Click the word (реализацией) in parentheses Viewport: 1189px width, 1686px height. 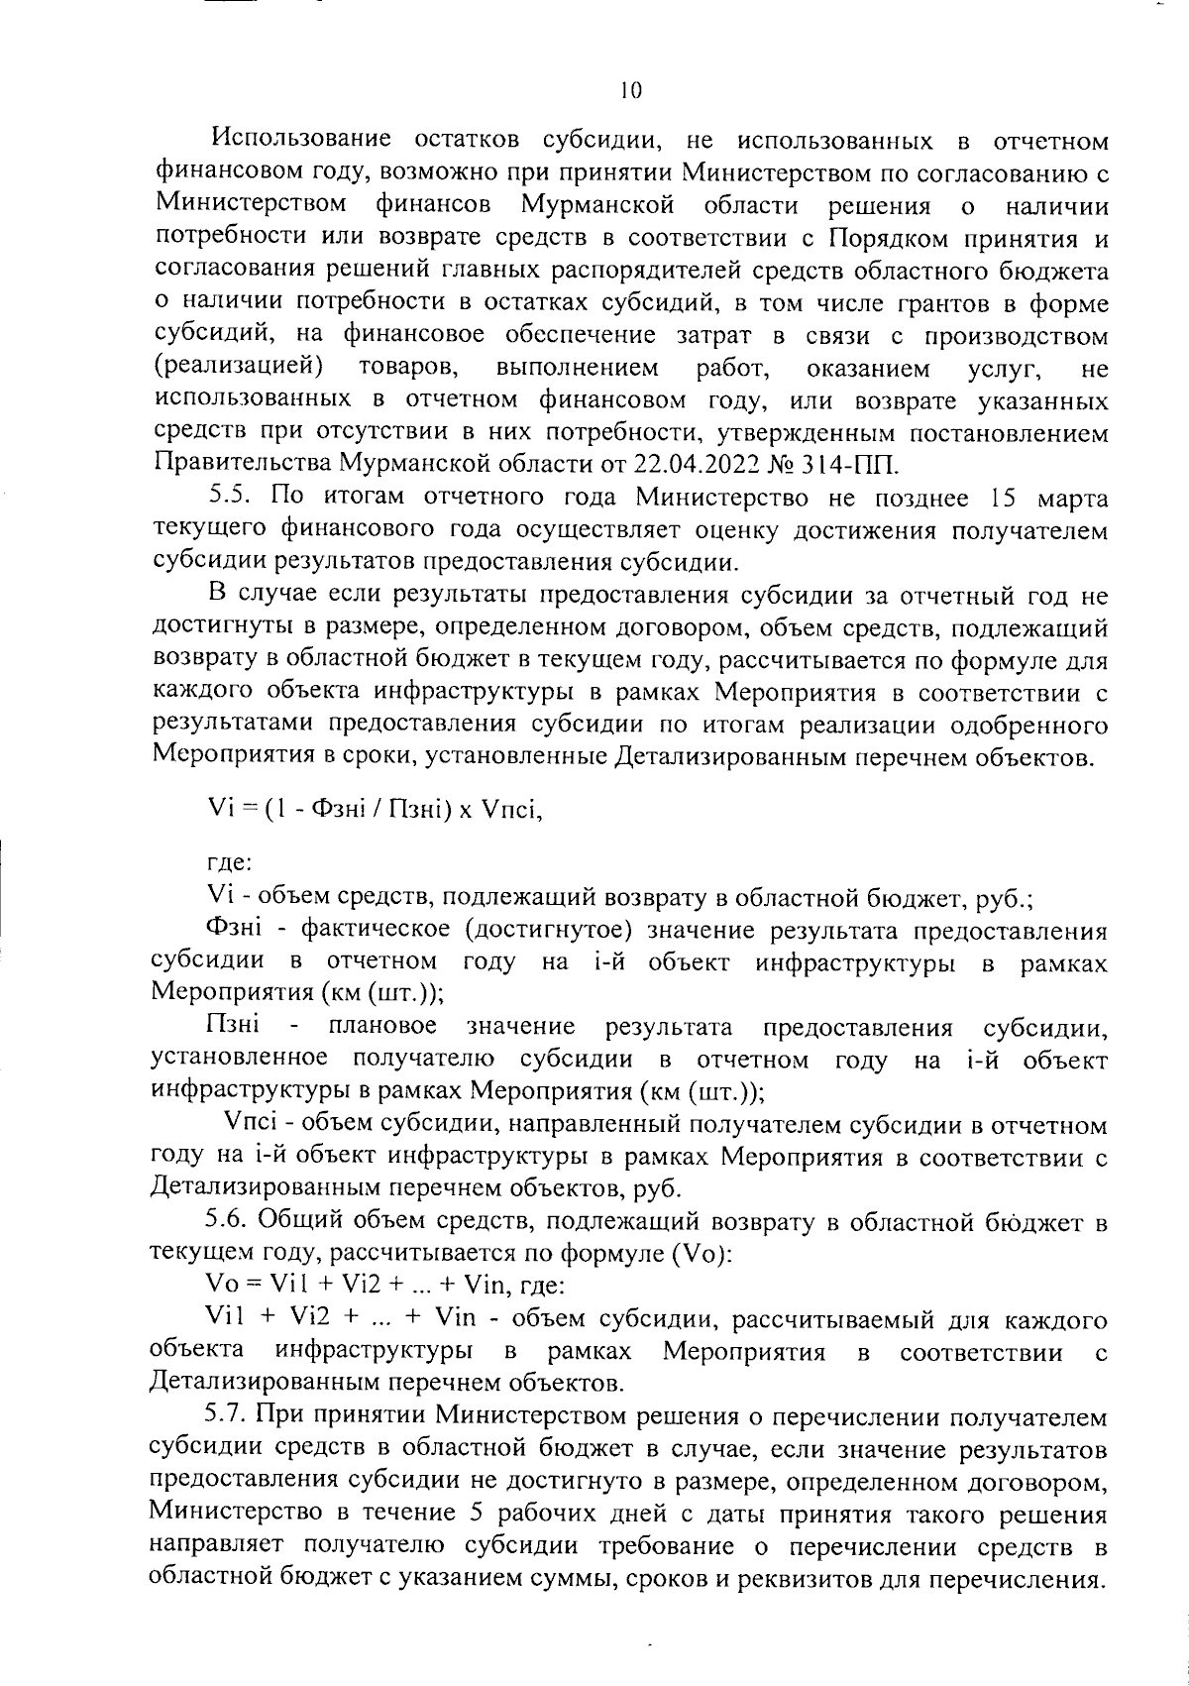(239, 369)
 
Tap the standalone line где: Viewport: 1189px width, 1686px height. (229, 864)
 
